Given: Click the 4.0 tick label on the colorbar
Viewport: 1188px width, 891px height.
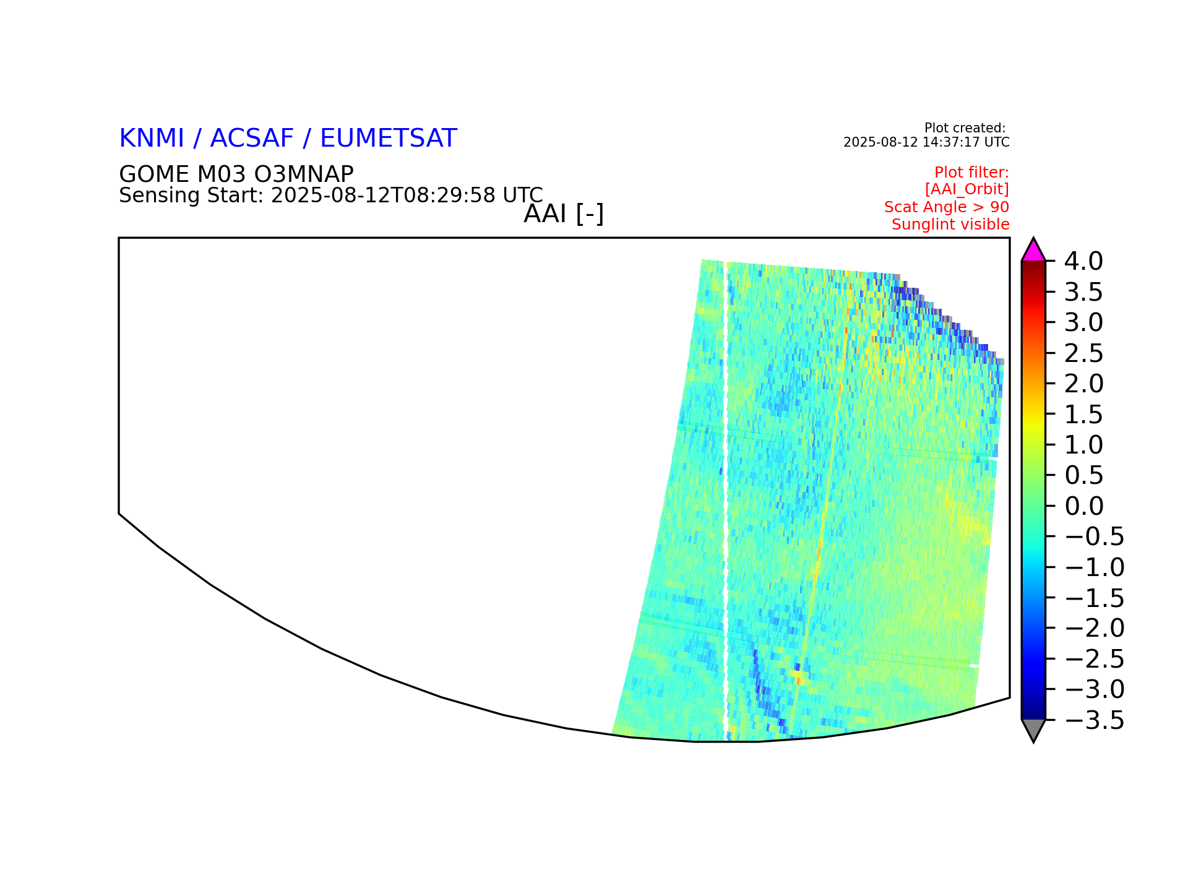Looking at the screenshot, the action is click(x=1083, y=261).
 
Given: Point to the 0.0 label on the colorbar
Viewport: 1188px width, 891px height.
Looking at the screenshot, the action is click(x=1083, y=506).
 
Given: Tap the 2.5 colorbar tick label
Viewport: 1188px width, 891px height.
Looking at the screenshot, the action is click(x=1083, y=353).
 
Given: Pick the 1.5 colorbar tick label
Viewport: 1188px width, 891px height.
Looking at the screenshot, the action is click(x=1083, y=415).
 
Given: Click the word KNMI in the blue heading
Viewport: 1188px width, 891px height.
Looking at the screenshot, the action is click(x=152, y=138).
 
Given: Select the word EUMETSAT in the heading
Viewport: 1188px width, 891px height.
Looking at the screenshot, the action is click(x=389, y=138).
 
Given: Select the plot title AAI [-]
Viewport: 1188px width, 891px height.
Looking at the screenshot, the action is click(x=564, y=214).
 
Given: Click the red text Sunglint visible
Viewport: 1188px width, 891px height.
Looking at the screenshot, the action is click(x=950, y=225).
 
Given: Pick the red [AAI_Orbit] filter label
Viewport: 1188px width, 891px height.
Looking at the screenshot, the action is click(x=967, y=189).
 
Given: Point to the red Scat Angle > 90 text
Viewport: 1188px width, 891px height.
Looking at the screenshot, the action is click(x=947, y=207).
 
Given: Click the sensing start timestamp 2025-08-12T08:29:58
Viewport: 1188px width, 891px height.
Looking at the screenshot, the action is click(x=383, y=196).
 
